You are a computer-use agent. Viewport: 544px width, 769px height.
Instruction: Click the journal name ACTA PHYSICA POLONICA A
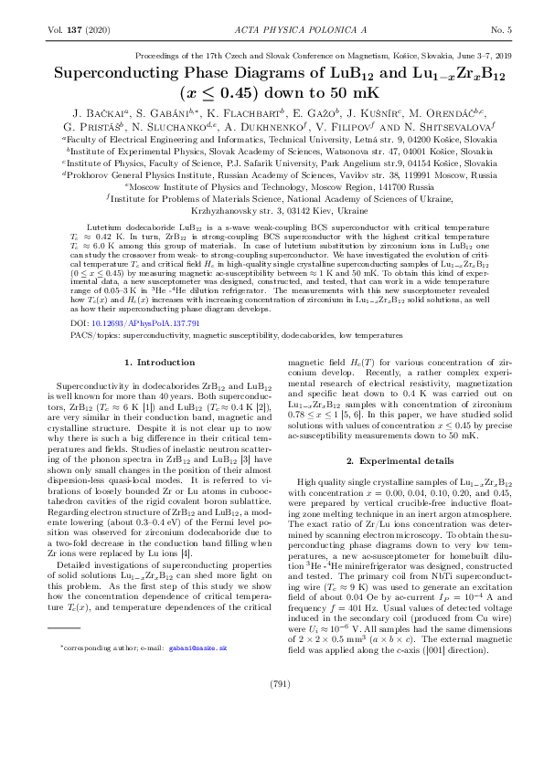coord(272,31)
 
